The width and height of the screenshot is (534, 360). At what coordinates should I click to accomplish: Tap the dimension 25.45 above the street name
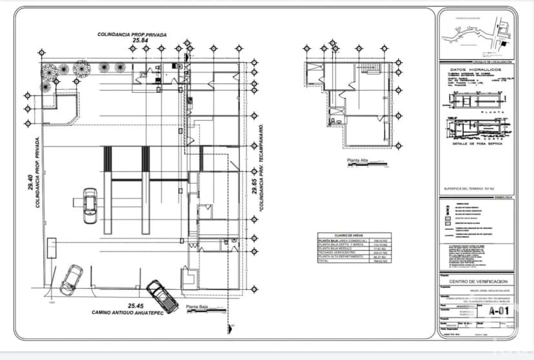tap(135, 305)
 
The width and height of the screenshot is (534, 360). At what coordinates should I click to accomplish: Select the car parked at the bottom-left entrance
tap(71, 279)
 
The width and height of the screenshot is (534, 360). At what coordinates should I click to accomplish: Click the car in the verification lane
tap(90, 205)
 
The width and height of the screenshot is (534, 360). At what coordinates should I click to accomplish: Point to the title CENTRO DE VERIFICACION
tap(479, 282)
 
